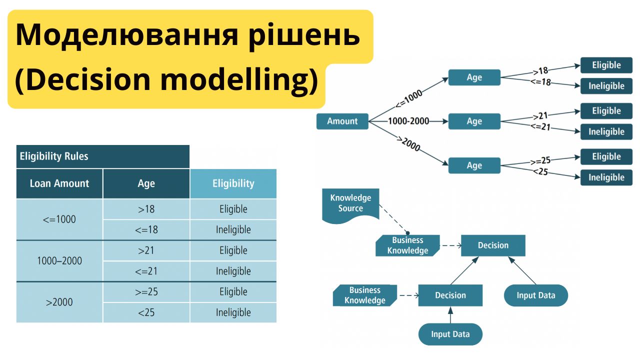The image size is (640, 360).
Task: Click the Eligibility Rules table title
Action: pos(53,156)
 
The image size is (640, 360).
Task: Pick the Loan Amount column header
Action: pos(59,183)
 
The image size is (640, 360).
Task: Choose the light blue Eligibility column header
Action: pos(233,183)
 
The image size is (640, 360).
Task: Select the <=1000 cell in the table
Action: pos(59,219)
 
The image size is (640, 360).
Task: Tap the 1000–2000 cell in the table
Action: pos(59,260)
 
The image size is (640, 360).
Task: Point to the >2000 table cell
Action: pos(59,302)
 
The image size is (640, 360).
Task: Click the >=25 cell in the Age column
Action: pos(146,291)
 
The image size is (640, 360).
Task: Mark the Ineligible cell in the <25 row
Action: pos(233,312)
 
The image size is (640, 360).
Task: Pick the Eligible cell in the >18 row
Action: pos(233,209)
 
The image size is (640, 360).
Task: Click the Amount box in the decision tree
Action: pos(342,121)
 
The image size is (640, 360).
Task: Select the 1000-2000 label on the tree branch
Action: pos(408,121)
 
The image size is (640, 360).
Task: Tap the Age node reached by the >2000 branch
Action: pos(474,165)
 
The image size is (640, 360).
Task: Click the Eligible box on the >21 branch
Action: pos(606,111)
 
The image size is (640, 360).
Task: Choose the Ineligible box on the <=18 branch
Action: pos(606,86)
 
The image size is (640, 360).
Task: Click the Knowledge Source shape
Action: pos(350,203)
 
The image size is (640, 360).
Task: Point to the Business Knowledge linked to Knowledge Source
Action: pos(407,245)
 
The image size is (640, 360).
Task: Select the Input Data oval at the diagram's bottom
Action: pos(450,334)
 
